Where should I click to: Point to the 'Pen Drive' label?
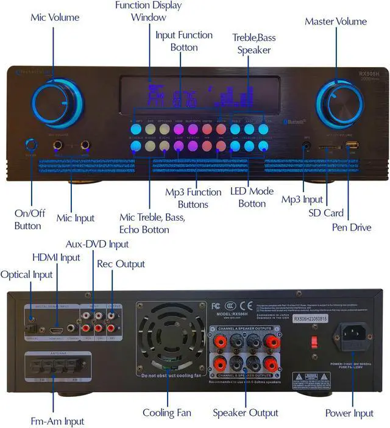click(352, 227)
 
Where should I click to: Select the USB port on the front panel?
click(352, 146)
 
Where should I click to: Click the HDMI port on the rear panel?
click(57, 319)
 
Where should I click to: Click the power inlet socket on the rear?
click(350, 337)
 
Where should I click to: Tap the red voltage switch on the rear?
click(315, 341)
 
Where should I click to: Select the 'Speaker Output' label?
click(246, 413)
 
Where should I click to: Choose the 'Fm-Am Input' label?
click(57, 421)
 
